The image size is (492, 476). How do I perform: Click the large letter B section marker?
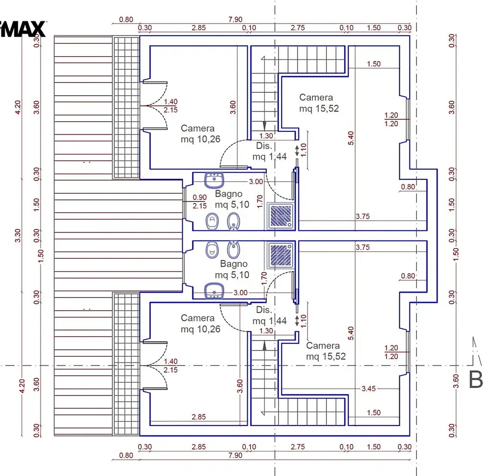pos(475,380)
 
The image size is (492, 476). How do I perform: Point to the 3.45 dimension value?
pos(369,388)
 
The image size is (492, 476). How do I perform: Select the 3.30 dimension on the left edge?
pos(18,236)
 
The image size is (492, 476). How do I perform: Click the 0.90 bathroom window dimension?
pos(199,197)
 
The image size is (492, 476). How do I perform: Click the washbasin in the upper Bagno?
pos(214,180)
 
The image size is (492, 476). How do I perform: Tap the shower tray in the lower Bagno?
pos(281,255)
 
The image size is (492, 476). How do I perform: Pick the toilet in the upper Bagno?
pos(212,221)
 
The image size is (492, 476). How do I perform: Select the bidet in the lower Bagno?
pos(233,250)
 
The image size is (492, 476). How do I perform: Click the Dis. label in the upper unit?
pos(264,146)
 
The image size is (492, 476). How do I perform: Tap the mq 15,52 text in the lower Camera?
pos(326,356)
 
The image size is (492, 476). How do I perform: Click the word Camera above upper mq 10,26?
pos(197,128)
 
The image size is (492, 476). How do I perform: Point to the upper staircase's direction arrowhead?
pos(265,126)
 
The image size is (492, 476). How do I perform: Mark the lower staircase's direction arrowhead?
pos(265,346)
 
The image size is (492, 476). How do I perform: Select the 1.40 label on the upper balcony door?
pos(171,102)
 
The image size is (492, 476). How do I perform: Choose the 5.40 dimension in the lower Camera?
pos(351,333)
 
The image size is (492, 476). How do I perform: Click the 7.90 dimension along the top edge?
pos(235,19)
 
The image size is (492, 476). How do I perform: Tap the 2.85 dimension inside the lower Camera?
pos(198,417)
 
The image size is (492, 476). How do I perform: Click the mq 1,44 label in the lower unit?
pos(270,321)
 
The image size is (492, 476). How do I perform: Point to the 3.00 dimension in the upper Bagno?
pos(256,181)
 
